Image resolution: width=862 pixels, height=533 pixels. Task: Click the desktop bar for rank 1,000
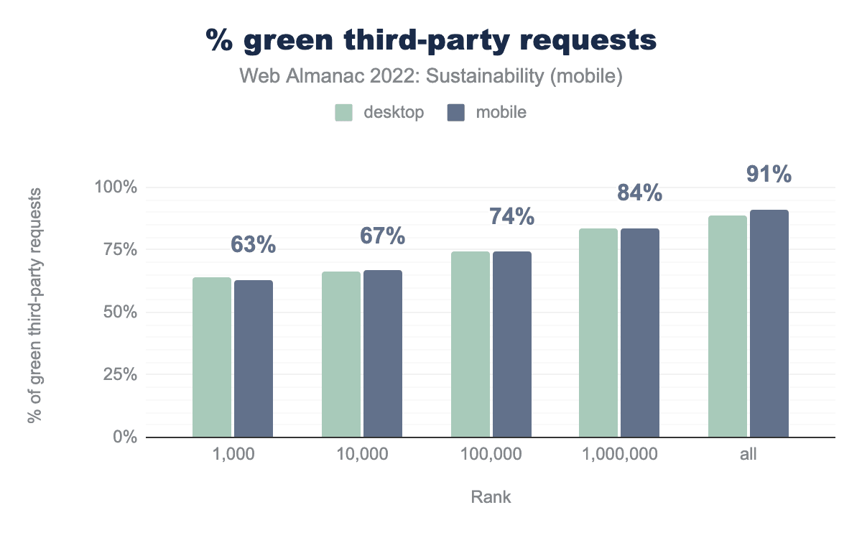(212, 357)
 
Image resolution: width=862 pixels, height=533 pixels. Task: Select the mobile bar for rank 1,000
(254, 358)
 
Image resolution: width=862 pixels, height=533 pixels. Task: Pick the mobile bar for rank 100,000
(512, 344)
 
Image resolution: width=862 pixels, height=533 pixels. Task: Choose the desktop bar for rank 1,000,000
(598, 333)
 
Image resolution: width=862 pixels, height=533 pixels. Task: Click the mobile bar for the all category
(769, 323)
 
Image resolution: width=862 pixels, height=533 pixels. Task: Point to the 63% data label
(254, 245)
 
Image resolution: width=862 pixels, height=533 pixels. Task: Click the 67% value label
(382, 236)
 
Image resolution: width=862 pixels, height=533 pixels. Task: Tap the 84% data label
(639, 193)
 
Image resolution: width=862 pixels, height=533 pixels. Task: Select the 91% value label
(769, 174)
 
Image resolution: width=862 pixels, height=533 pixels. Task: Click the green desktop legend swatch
(343, 113)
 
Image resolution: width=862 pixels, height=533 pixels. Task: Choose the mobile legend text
(501, 113)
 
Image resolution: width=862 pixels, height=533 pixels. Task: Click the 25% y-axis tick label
(119, 375)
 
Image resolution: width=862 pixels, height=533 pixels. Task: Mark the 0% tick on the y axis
(124, 437)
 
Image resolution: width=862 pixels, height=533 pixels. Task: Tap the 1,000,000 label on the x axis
(618, 455)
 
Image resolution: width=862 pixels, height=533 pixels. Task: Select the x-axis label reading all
(749, 455)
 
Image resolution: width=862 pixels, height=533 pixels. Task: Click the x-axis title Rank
(491, 496)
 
